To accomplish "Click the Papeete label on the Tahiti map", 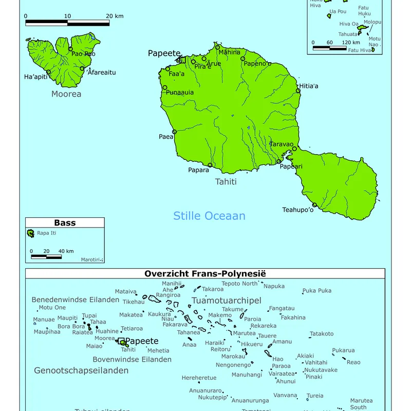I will click(x=164, y=53).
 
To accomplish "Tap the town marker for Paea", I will click(x=174, y=132).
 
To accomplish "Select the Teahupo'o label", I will click(x=297, y=210).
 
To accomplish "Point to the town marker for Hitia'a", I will click(x=298, y=91).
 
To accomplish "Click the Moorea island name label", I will click(x=66, y=94).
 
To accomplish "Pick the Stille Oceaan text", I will click(x=209, y=216).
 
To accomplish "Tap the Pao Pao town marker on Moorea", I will click(x=71, y=49).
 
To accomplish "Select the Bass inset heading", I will click(x=65, y=223).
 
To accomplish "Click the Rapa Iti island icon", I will click(x=31, y=234).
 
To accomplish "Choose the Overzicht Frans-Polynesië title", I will click(x=205, y=274).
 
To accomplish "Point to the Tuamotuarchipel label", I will click(x=227, y=301).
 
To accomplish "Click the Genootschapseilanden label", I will click(x=81, y=370).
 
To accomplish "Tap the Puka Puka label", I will click(x=317, y=291).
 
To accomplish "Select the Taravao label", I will click(x=282, y=144).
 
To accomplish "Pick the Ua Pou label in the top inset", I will click(x=338, y=11).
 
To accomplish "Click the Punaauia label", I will click(x=180, y=92).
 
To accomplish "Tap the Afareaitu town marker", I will click(x=82, y=68).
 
